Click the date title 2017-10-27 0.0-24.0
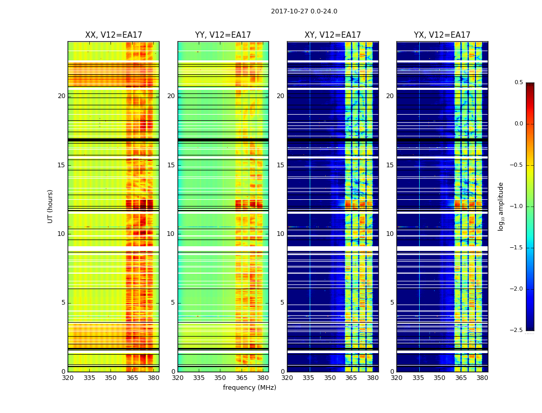click(x=304, y=11)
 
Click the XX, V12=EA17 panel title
click(x=114, y=35)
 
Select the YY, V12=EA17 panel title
click(x=223, y=35)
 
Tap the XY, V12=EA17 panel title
click(x=332, y=35)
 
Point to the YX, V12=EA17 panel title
click(x=442, y=35)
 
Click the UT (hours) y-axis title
click(x=51, y=206)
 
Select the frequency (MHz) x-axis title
click(x=249, y=388)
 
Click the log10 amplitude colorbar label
click(x=501, y=206)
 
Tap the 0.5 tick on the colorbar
click(x=518, y=83)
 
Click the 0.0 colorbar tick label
click(x=518, y=124)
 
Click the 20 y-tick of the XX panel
click(x=61, y=96)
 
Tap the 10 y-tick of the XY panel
click(x=280, y=234)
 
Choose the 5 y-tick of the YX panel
click(x=392, y=303)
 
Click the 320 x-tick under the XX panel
click(x=68, y=378)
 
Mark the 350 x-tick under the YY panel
click(x=220, y=378)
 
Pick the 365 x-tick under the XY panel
click(x=351, y=378)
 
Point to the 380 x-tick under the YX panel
click(x=482, y=378)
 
